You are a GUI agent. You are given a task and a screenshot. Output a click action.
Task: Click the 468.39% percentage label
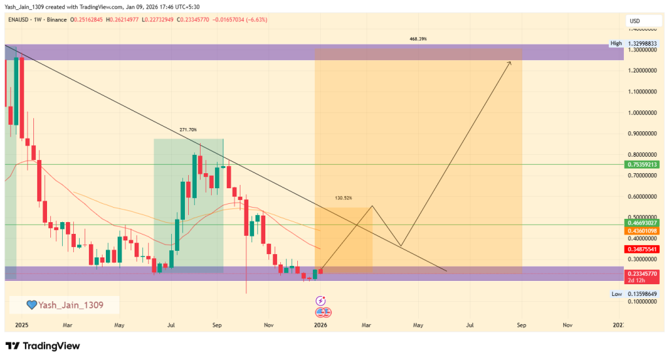click(x=418, y=39)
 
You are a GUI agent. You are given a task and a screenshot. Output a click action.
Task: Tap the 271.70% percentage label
click(x=188, y=130)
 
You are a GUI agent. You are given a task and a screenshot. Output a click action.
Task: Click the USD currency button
click(x=634, y=21)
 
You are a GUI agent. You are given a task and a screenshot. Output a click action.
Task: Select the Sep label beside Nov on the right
click(x=521, y=324)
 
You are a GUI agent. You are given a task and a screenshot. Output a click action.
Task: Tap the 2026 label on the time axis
click(x=321, y=324)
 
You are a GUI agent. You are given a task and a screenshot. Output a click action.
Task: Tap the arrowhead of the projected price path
click(x=510, y=62)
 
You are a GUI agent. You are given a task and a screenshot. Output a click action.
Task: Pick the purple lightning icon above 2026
click(x=321, y=301)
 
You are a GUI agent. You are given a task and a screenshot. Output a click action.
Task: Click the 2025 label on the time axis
click(x=22, y=324)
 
